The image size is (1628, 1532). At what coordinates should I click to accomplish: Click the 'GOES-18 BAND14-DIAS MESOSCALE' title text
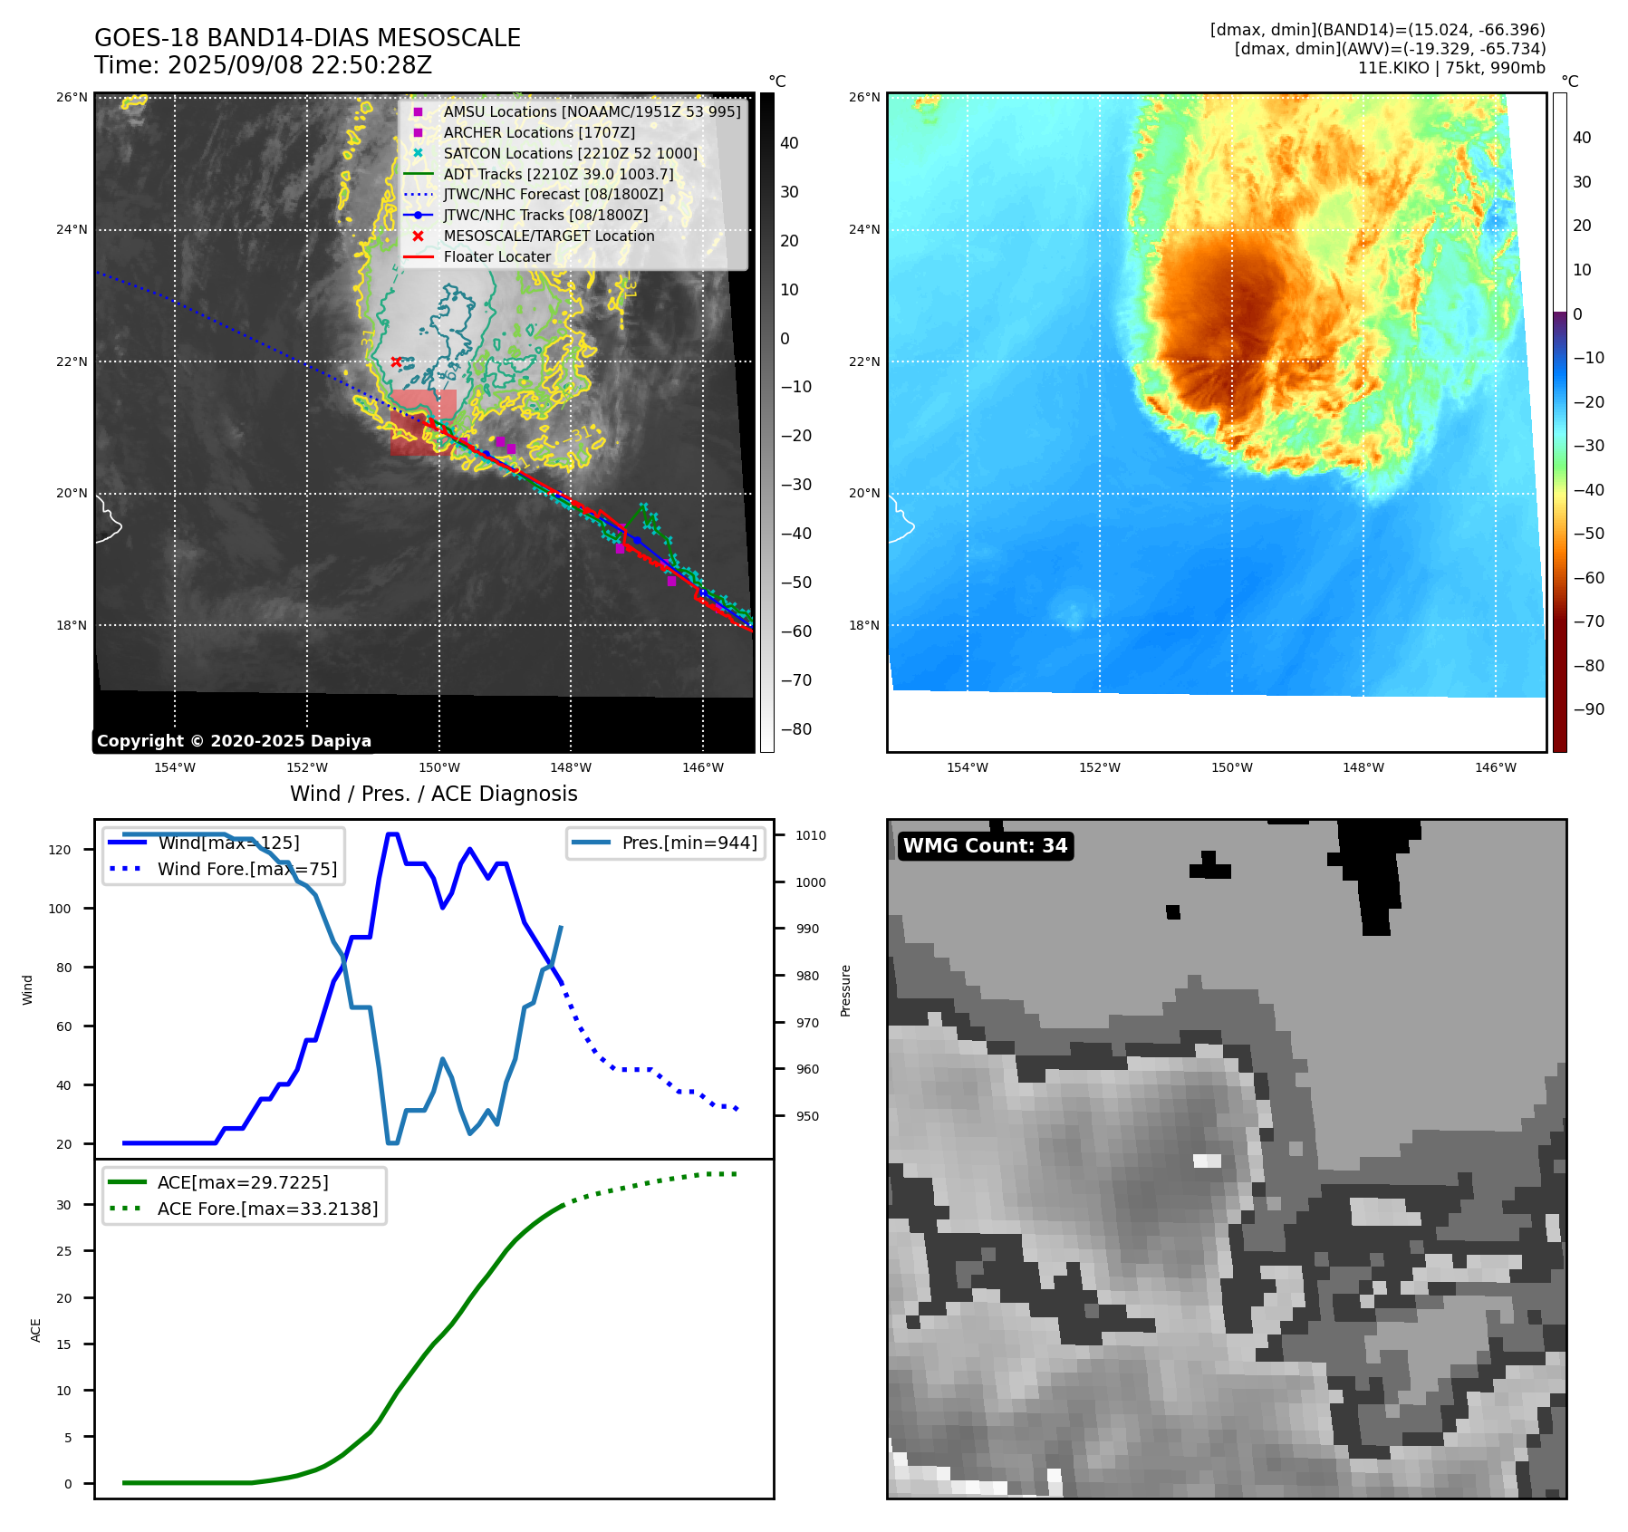click(x=307, y=38)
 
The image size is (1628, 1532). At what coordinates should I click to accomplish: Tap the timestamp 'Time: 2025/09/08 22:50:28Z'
click(x=263, y=65)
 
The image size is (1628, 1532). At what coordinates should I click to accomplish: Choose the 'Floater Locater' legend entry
click(x=496, y=256)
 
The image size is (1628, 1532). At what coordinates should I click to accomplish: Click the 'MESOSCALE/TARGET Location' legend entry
click(x=548, y=236)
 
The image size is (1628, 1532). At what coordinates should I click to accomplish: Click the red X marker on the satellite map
click(x=396, y=361)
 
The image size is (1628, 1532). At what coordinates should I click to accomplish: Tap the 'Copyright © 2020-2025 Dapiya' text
click(x=234, y=740)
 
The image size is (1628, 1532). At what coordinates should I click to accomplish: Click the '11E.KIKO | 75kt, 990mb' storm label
click(x=1451, y=68)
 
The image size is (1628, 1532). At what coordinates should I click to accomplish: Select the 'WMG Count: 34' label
click(x=985, y=845)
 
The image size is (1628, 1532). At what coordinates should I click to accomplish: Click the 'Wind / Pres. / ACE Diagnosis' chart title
click(x=433, y=794)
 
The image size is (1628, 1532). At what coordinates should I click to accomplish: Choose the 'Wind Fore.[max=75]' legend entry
click(x=246, y=869)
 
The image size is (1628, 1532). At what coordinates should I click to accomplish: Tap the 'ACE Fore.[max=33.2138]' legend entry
click(x=267, y=1209)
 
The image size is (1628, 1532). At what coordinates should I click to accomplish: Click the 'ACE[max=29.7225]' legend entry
click(x=242, y=1182)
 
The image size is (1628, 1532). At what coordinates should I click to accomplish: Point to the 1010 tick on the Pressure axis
click(x=811, y=835)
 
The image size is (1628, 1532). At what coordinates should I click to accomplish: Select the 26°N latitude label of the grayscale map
click(x=72, y=97)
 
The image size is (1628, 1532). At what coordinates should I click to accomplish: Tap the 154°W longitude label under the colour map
click(x=967, y=767)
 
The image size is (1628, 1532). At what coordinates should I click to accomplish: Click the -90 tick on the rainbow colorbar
click(x=1588, y=709)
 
